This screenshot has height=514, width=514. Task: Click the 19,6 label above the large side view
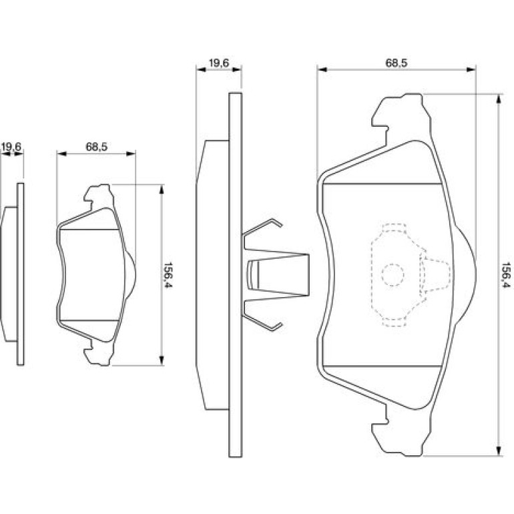pos(219,63)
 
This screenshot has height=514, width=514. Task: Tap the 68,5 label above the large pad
pos(397,63)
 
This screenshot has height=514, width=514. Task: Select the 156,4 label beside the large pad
pos(506,275)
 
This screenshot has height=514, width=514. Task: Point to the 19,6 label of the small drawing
pos(11,147)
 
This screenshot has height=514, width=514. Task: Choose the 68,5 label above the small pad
pos(97,147)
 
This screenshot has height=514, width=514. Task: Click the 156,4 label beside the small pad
pos(168,275)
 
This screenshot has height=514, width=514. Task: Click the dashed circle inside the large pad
pos(393,275)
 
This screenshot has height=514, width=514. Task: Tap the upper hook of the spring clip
pos(262,227)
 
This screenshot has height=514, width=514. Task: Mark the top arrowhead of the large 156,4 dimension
pos(499,99)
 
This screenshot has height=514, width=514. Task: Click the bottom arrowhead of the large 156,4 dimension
pos(499,451)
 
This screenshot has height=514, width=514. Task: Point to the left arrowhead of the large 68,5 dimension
pos(322,69)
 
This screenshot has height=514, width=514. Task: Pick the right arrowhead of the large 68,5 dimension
pos(471,69)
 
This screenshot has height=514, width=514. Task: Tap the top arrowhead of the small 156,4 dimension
pos(161,190)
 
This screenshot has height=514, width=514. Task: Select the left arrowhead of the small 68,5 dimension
pos(61,154)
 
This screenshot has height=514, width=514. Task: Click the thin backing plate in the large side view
pos(236,275)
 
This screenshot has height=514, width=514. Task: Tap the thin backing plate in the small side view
pos(20,274)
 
